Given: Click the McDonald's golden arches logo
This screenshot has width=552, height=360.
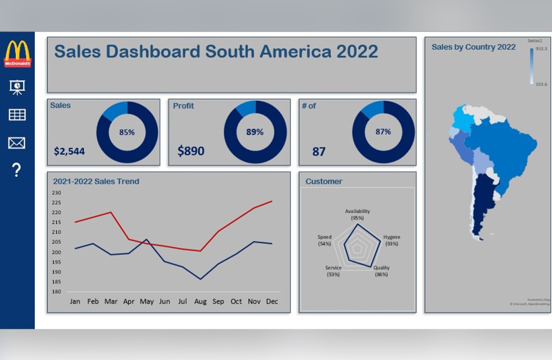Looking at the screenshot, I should pyautogui.click(x=17, y=53).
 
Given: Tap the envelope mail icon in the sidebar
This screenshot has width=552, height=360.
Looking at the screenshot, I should pyautogui.click(x=17, y=143).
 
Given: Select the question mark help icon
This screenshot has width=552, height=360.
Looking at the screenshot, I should pyautogui.click(x=17, y=170).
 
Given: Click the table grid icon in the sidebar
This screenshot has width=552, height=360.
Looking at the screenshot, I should pyautogui.click(x=17, y=114).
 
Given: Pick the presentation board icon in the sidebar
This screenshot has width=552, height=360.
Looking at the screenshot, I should pyautogui.click(x=17, y=87).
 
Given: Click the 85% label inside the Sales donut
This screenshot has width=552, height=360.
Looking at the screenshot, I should pyautogui.click(x=127, y=133).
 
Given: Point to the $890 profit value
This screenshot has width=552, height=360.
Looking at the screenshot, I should pyautogui.click(x=191, y=151).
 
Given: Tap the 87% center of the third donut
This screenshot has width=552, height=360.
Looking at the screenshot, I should pyautogui.click(x=383, y=132).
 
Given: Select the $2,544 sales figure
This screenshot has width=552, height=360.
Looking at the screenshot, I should pyautogui.click(x=69, y=151).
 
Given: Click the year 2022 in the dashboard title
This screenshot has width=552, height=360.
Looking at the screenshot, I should pyautogui.click(x=357, y=52).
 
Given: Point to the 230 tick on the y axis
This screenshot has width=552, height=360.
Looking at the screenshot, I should pyautogui.click(x=56, y=193).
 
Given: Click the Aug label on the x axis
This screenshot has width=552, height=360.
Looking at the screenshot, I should pyautogui.click(x=200, y=302).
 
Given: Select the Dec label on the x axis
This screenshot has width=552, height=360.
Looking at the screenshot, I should pyautogui.click(x=272, y=302).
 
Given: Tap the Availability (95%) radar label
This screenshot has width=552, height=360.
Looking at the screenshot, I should pyautogui.click(x=357, y=214).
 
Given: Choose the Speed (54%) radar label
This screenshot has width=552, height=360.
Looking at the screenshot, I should pyautogui.click(x=325, y=240).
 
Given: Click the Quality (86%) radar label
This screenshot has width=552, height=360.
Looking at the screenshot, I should pyautogui.click(x=381, y=271).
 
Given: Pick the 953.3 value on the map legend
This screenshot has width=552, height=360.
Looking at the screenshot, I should pyautogui.click(x=541, y=49).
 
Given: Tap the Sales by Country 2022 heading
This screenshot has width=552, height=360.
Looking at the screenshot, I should pyautogui.click(x=473, y=47).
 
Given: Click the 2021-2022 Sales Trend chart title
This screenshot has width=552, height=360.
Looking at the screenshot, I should pyautogui.click(x=96, y=181).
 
